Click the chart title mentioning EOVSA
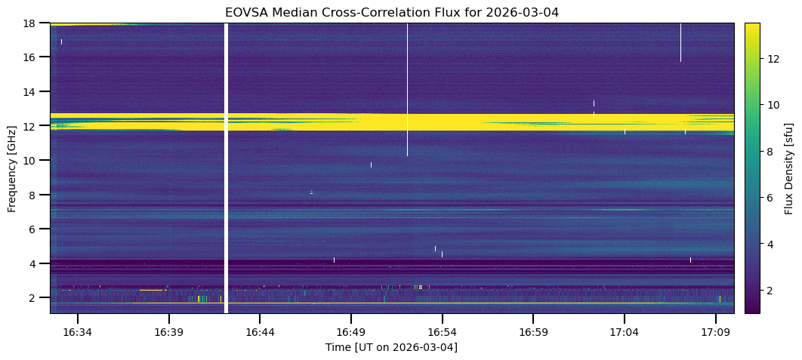point(391,12)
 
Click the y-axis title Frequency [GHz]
point(12,168)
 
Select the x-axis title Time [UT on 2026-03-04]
point(391,347)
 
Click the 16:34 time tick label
point(77,330)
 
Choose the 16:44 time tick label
point(259,330)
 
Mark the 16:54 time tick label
point(442,330)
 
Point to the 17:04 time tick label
point(624,330)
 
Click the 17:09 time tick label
point(715,330)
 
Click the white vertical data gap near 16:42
point(226,166)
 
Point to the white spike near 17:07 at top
point(680,42)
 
